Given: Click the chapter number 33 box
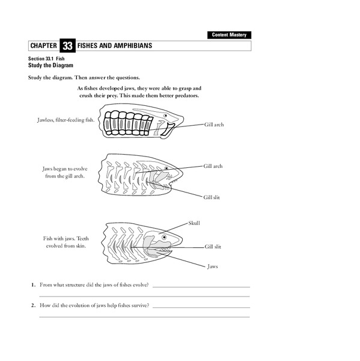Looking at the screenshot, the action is click(x=67, y=46).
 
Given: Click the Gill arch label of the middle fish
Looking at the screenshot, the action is click(x=214, y=165).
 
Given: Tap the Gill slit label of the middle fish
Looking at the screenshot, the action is click(x=212, y=197).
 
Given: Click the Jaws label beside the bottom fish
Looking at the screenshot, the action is click(x=212, y=265).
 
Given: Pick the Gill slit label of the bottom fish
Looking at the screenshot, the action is click(x=213, y=246).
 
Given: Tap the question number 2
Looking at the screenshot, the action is click(x=34, y=306).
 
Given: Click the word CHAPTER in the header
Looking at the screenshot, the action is click(x=43, y=46).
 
